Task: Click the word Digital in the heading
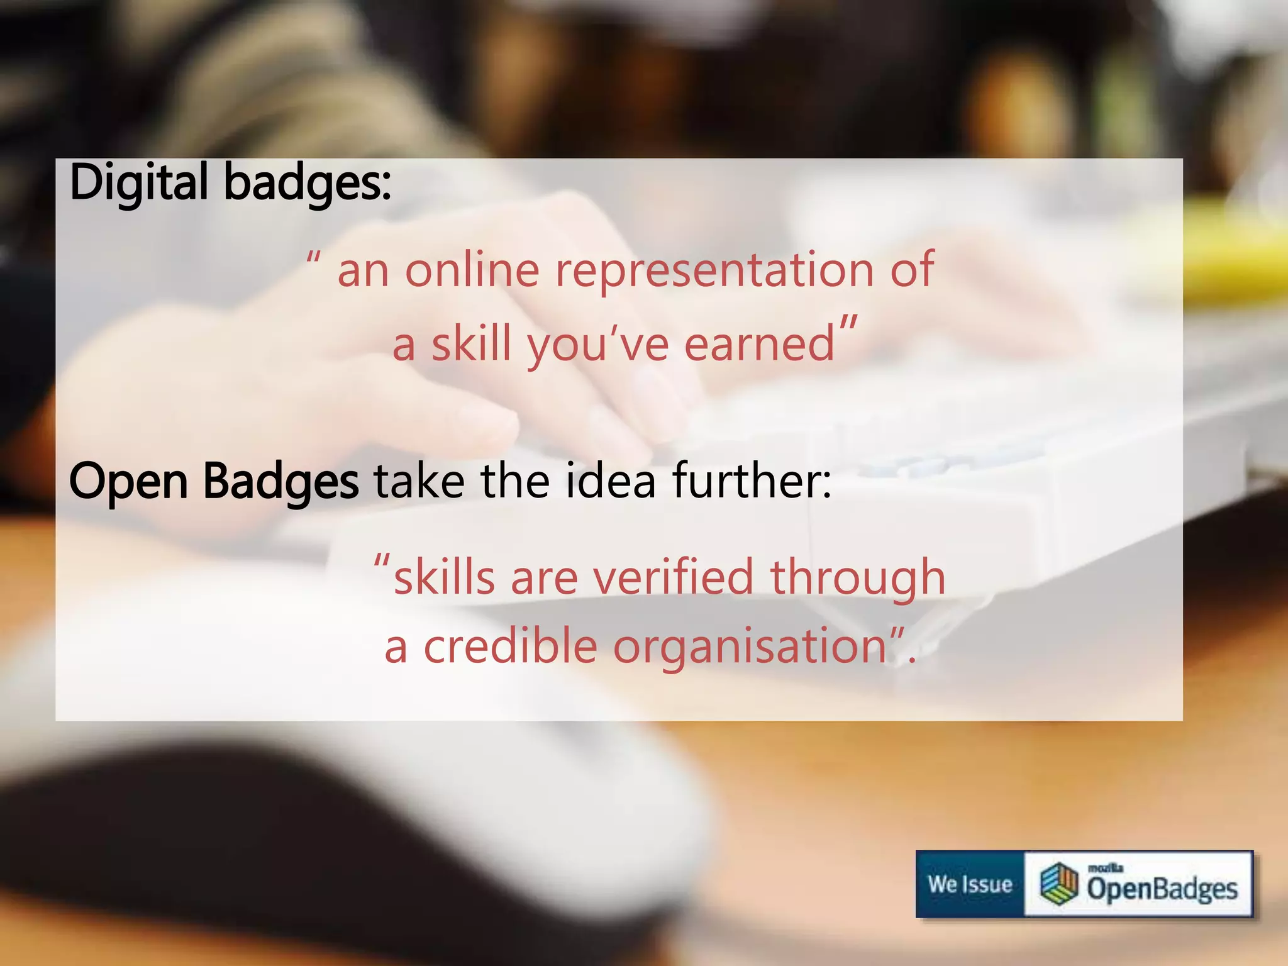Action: (138, 182)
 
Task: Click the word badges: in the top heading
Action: (308, 182)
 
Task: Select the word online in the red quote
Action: (472, 270)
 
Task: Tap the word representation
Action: (714, 270)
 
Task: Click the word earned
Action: (759, 344)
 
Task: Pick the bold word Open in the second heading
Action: (128, 482)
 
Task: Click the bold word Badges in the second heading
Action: (280, 482)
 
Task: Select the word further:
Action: (752, 480)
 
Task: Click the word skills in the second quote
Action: (444, 577)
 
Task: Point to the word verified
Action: (674, 577)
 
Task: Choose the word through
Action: (858, 578)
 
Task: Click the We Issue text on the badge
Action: (970, 884)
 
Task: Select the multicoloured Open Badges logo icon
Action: (1059, 884)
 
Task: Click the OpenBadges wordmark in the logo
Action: (1162, 889)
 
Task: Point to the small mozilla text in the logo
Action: (1105, 868)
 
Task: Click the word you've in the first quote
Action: (597, 344)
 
